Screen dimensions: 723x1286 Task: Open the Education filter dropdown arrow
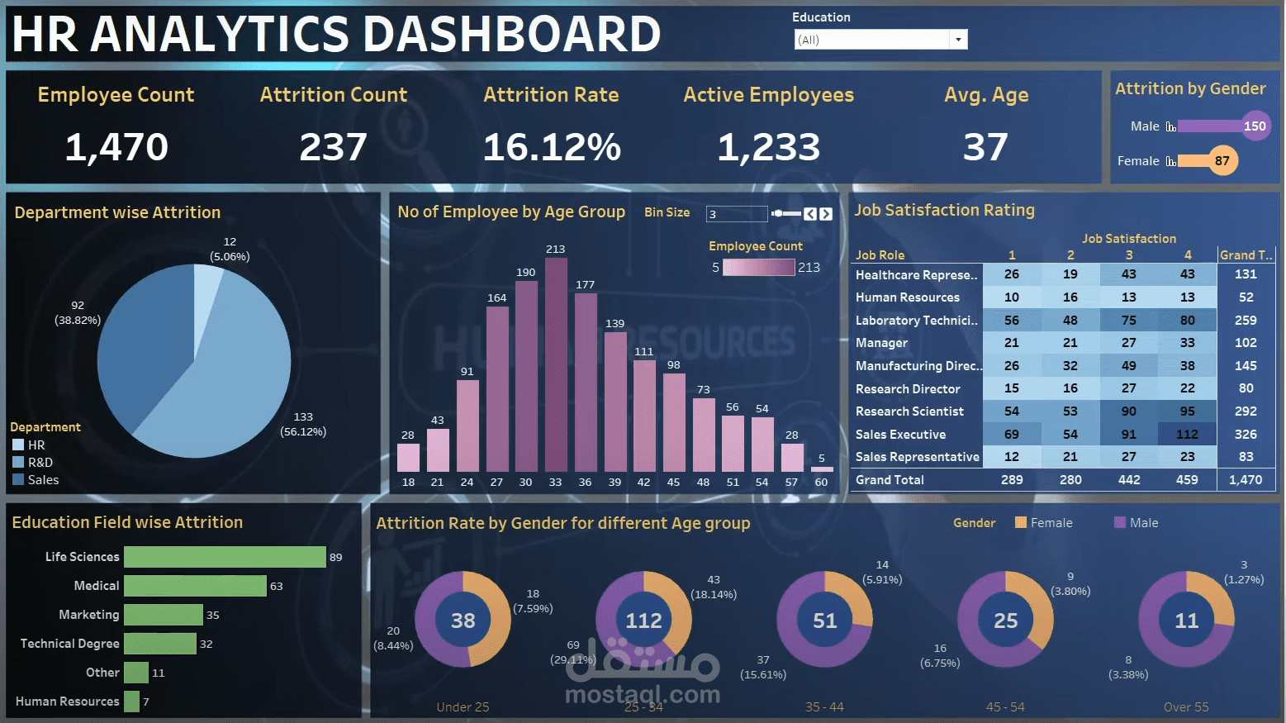pyautogui.click(x=958, y=40)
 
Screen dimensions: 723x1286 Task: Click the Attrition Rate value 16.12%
pyautogui.click(x=552, y=148)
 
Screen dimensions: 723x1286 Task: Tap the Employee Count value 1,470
pyautogui.click(x=116, y=148)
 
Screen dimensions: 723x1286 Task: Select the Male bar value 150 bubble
pyautogui.click(x=1255, y=126)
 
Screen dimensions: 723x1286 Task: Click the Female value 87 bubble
pyautogui.click(x=1222, y=161)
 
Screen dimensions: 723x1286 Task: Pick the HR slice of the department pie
pyautogui.click(x=206, y=297)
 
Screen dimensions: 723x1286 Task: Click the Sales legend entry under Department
pyautogui.click(x=43, y=480)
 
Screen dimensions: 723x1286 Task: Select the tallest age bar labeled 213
pyautogui.click(x=556, y=364)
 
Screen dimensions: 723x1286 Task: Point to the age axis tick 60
pyautogui.click(x=821, y=482)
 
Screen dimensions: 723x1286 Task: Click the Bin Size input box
pyautogui.click(x=736, y=214)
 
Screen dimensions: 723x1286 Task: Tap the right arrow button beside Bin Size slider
pyautogui.click(x=826, y=214)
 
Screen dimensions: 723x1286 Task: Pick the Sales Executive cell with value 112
pyautogui.click(x=1187, y=435)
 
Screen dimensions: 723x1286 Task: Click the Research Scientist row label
pyautogui.click(x=909, y=411)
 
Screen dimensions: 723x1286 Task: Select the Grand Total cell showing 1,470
pyautogui.click(x=1246, y=480)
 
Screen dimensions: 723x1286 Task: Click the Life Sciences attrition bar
pyautogui.click(x=225, y=557)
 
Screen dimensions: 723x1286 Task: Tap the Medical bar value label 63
pyautogui.click(x=277, y=586)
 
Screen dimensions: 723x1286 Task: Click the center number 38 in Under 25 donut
pyautogui.click(x=463, y=621)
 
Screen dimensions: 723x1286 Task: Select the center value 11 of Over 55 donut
pyautogui.click(x=1186, y=621)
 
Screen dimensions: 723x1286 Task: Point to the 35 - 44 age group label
pyautogui.click(x=824, y=707)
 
